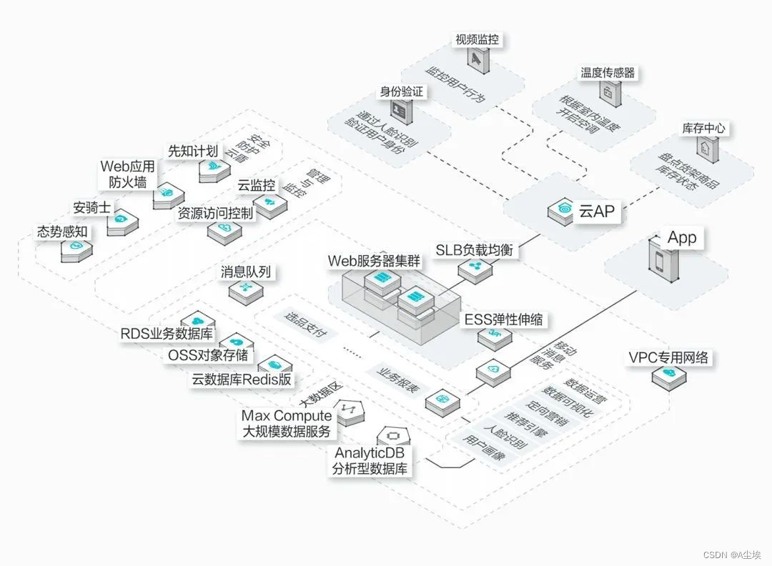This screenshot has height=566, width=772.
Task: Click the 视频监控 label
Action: coord(477,39)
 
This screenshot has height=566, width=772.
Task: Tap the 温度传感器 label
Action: coord(608,73)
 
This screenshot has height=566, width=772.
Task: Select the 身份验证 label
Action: coord(401,91)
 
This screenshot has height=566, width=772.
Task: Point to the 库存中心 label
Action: coord(703,129)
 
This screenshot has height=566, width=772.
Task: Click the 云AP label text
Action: coord(596,211)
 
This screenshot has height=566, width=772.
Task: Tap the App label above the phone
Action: coord(681,238)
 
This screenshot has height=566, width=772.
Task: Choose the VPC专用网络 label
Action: coord(668,357)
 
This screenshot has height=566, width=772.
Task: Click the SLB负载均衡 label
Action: coord(474,250)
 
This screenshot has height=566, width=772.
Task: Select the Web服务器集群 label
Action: coord(375,261)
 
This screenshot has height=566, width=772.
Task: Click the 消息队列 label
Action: coord(247,272)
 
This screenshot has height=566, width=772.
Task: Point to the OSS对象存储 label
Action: coord(208,355)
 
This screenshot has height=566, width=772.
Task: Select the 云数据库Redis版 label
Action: coord(242,379)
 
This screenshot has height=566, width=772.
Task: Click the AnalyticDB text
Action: coord(371,453)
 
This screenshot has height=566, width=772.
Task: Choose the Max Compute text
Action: coord(287,416)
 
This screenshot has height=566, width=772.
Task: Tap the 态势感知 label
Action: coord(62,232)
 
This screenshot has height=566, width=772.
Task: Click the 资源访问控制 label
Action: coord(215,213)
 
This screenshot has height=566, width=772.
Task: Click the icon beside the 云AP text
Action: coord(560,211)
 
